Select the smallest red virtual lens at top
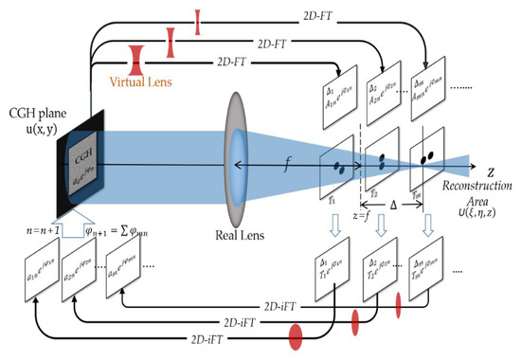tap(197, 22)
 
